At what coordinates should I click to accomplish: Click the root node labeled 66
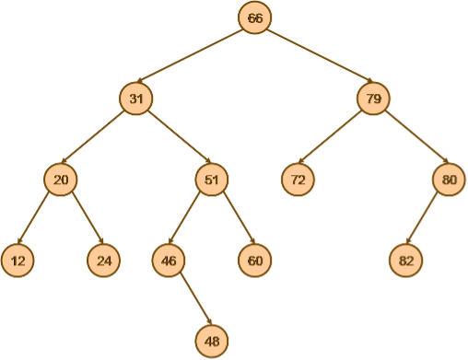254,18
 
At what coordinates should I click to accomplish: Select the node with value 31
136,99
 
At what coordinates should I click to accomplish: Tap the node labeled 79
374,99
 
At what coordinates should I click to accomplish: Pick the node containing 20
61,180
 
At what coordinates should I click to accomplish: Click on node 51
211,180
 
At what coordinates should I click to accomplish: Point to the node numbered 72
298,180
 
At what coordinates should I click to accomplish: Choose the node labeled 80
449,180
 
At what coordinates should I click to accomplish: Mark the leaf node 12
17,261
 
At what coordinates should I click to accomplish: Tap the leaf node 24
104,261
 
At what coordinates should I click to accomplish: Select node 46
168,261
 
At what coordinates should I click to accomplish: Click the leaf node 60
254,261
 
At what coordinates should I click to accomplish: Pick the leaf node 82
405,261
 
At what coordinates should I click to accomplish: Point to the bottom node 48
212,342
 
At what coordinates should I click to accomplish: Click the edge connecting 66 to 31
195,58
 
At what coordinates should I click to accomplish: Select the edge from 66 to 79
314,58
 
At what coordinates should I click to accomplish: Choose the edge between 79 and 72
336,139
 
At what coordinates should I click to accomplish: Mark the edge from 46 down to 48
190,301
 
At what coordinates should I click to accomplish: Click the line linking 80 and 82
427,220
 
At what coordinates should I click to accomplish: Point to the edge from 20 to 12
39,220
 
